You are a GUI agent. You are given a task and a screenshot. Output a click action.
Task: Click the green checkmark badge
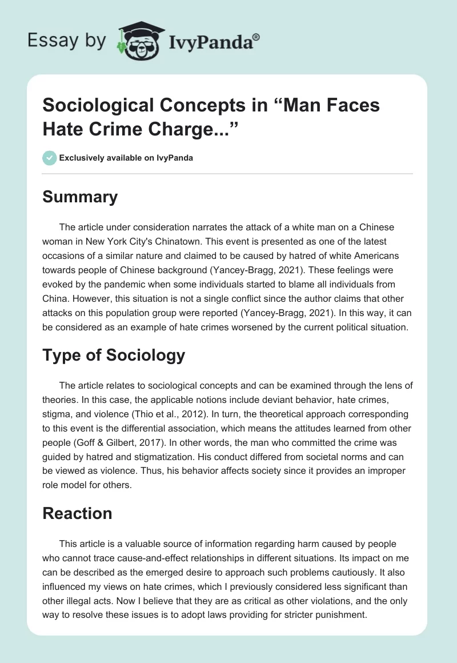click(49, 158)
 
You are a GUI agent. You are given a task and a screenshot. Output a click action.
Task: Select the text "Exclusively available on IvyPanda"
click(125, 158)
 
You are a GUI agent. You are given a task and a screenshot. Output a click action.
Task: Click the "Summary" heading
click(80, 197)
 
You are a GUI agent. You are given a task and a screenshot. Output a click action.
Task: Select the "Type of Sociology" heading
click(114, 355)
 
